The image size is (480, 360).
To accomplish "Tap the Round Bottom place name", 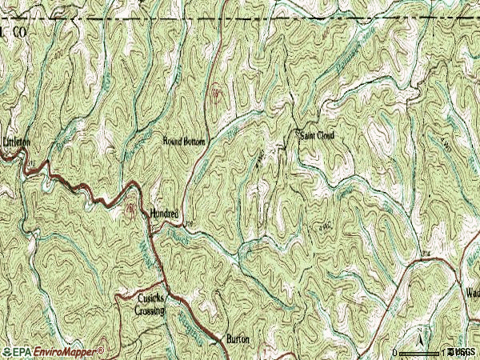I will click(184, 142).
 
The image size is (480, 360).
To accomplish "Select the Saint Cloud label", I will click(317, 135).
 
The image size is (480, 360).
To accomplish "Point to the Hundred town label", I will click(163, 214).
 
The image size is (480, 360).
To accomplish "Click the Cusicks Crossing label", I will click(150, 305).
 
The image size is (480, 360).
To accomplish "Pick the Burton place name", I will click(238, 340).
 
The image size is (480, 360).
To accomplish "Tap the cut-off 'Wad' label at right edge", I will click(471, 292).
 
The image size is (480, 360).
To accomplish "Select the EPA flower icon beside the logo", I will click(6, 351).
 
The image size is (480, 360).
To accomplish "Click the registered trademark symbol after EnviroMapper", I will click(101, 349).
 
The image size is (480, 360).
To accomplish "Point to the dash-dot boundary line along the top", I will click(240, 18).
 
